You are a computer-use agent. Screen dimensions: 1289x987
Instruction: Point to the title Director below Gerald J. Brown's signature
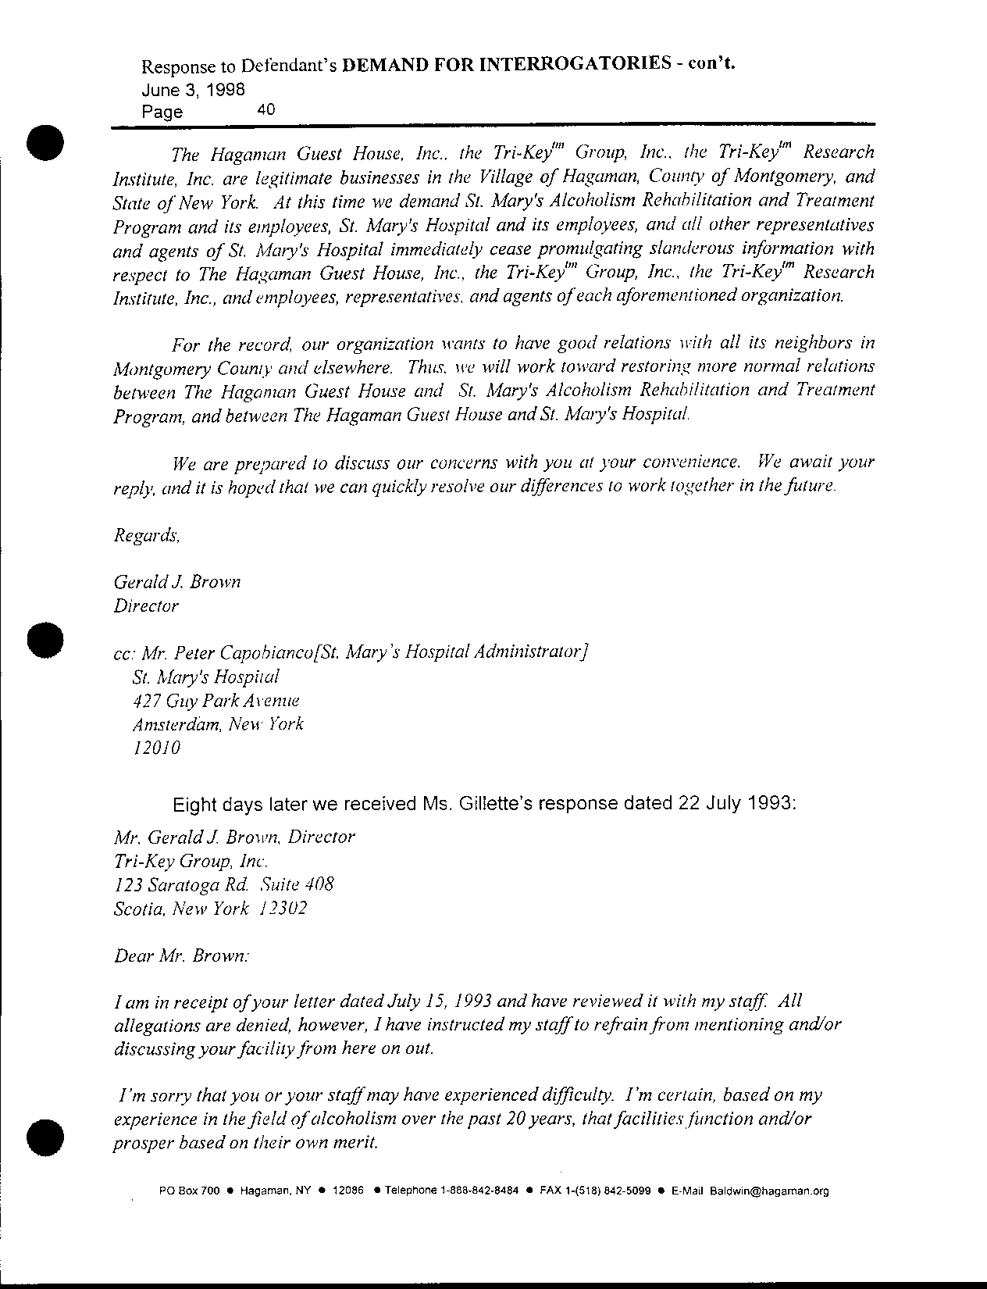click(x=146, y=605)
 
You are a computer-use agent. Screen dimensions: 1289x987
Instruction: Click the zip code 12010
click(x=157, y=748)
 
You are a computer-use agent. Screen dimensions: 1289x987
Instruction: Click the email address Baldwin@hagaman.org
click(x=769, y=1191)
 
